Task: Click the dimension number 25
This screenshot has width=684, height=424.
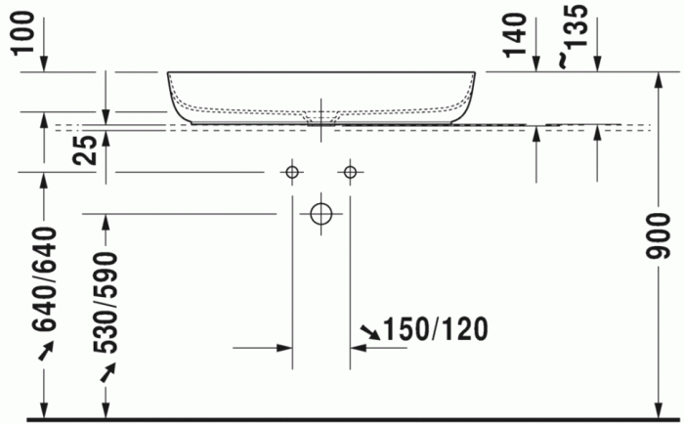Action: [x=85, y=149]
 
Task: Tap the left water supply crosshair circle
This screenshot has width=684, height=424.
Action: [x=291, y=173]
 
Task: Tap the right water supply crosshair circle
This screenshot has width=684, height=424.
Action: [x=350, y=173]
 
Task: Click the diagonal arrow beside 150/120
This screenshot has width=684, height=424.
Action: [x=369, y=334]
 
